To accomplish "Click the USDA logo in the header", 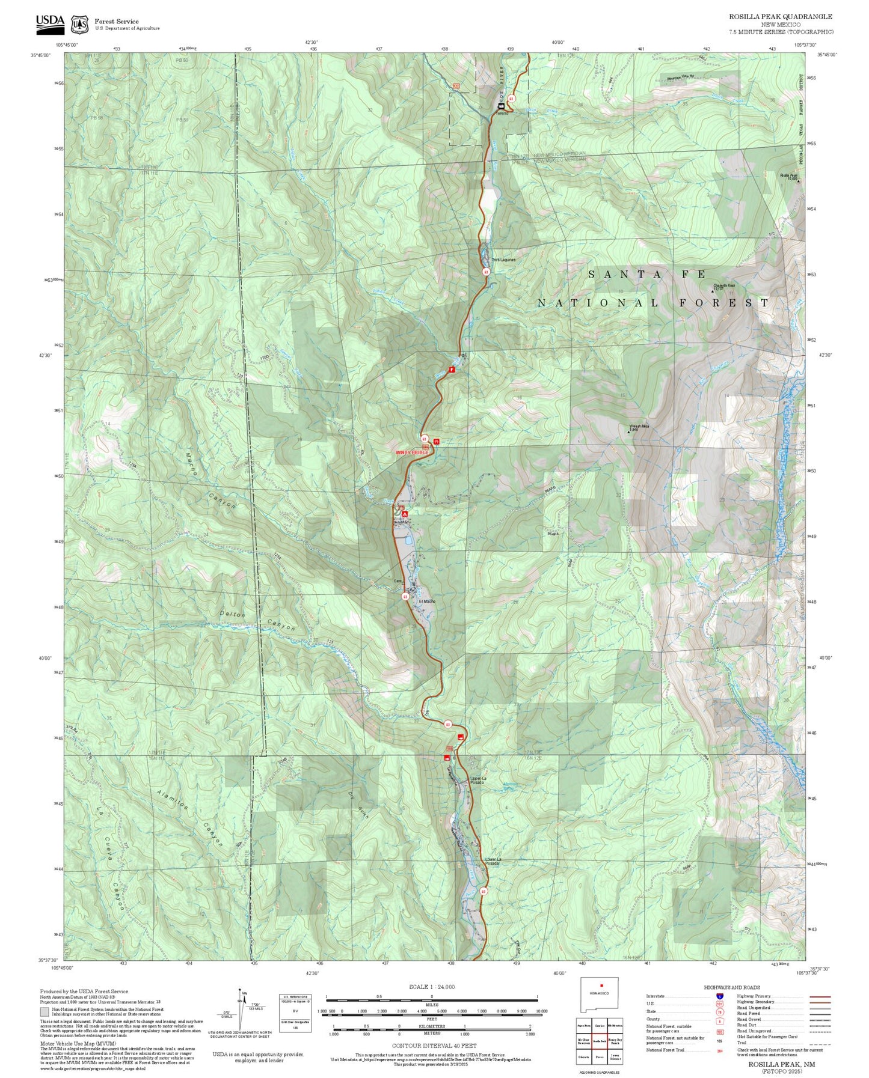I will pos(50,22).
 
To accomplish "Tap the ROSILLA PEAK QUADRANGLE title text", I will pos(781,17).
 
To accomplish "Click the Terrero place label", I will pos(502,113).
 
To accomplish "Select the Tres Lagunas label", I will pos(503,260).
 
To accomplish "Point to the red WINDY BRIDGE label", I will pos(412,451).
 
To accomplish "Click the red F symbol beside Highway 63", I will pos(452,370).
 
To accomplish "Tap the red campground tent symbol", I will pos(405,514).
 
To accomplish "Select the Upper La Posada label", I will pos(477,781).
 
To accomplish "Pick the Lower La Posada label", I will pos(493,862).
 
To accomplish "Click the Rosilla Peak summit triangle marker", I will pos(798,181).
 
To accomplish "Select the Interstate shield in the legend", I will pos(719,996).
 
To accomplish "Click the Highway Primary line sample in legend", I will pos(819,996).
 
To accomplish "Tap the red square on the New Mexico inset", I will pos(601,985).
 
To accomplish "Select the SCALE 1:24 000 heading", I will pos(431,987).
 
